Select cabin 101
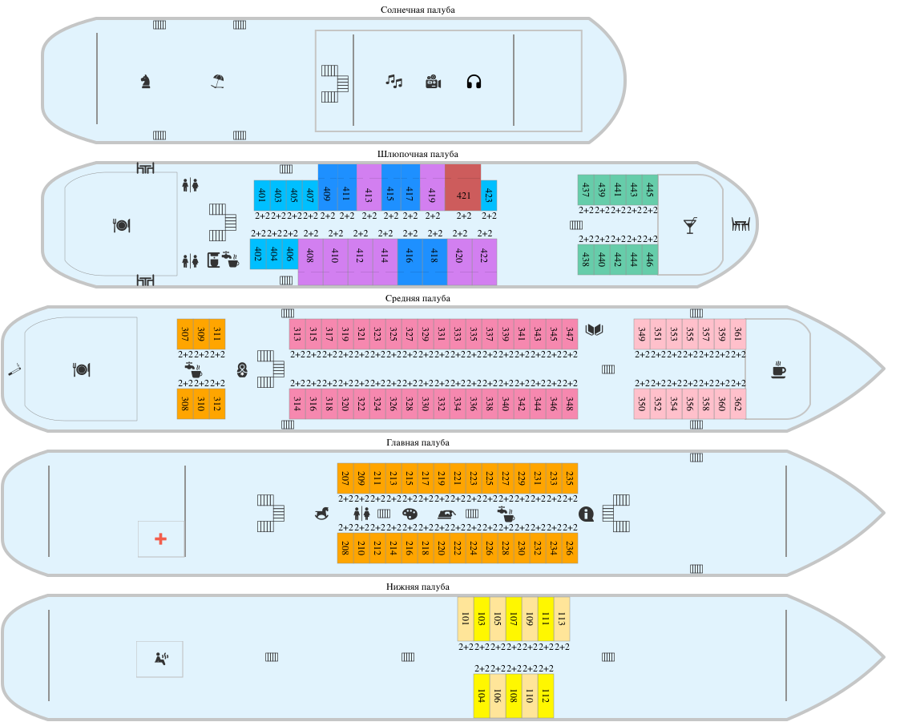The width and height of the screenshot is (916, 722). [x=466, y=619]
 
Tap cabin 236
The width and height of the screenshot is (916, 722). [x=570, y=548]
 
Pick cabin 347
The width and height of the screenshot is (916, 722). [x=570, y=333]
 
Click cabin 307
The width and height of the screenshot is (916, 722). [x=185, y=333]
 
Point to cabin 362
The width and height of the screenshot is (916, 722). [x=738, y=404]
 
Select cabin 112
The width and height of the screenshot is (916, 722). [x=546, y=696]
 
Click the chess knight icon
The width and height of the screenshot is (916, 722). [x=145, y=81]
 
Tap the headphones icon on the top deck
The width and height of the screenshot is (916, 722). [x=474, y=81]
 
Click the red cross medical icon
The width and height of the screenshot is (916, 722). [x=160, y=538]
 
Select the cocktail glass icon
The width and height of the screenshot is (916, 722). [x=690, y=225]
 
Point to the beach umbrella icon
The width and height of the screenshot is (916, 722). [x=217, y=81]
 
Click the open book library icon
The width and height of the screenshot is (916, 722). [x=594, y=329]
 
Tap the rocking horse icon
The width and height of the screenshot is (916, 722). [x=321, y=514]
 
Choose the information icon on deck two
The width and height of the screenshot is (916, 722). [x=586, y=514]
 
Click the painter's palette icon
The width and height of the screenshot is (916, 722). [x=410, y=514]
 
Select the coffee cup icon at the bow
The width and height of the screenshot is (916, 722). [x=778, y=369]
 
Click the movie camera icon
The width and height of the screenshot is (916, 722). [x=434, y=81]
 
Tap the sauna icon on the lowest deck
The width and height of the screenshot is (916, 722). [x=161, y=659]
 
